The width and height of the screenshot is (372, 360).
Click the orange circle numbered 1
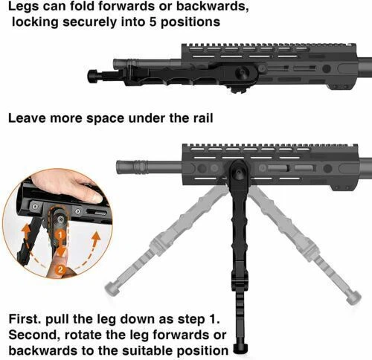pyautogui.click(x=57, y=234)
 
